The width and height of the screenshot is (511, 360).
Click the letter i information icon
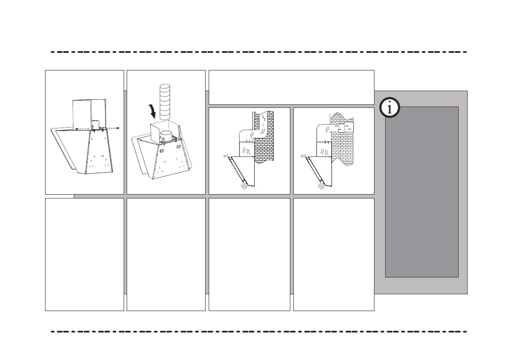389,108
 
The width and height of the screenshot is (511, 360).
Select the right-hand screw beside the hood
117,128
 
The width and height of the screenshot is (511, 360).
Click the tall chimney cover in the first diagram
89,113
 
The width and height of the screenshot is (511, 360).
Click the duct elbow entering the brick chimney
247,130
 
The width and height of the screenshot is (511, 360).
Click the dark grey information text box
422,192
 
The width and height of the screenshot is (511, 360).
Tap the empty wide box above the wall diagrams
291,87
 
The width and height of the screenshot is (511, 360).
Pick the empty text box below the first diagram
85,254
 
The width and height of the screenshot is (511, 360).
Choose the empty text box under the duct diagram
166,254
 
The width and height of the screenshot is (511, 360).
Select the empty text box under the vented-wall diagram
334,254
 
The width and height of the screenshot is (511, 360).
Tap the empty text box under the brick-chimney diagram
249,254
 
